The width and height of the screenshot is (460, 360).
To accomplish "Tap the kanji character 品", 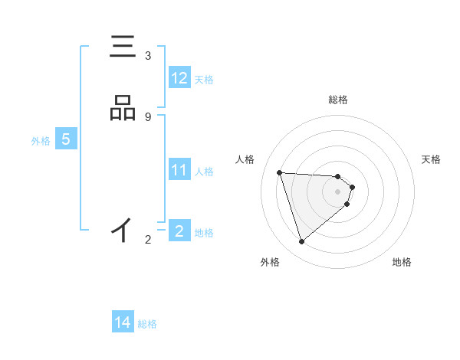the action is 123,110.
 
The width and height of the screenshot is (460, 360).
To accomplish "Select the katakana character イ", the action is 123,229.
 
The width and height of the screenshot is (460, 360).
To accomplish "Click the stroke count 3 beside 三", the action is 148,56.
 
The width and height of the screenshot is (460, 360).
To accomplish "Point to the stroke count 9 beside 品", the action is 148,116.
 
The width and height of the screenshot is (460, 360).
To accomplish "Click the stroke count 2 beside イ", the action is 148,240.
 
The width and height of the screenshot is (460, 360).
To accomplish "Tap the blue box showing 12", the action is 179,78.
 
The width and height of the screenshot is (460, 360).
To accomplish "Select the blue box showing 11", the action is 179,170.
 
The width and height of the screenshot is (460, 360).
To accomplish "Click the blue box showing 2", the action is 179,231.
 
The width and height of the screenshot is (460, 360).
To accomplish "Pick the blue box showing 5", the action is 66,140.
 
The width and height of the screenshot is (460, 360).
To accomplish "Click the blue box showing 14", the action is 123,322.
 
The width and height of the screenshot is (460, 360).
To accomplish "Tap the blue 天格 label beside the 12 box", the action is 204,79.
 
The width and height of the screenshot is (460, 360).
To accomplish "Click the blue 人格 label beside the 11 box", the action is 205,171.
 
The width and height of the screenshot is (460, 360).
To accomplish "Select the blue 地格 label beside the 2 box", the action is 205,232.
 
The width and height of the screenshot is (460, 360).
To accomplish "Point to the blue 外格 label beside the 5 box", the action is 41,141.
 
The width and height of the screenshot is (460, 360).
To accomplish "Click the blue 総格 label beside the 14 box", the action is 147,323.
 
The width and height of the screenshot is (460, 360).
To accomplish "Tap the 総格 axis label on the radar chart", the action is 338,100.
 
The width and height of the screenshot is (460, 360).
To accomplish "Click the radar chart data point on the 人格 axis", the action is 280,172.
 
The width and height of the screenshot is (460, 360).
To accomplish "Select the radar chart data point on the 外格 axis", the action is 302,242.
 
